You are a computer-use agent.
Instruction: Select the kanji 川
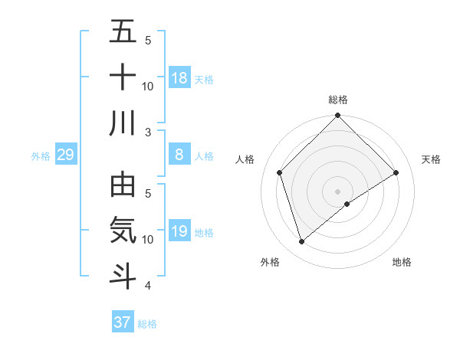point(123,123)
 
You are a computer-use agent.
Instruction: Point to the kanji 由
point(123,185)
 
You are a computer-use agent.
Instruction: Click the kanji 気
point(123,231)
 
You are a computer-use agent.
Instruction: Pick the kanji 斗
point(123,276)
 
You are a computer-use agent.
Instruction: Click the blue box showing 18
point(179,77)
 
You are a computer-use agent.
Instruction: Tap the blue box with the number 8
point(179,155)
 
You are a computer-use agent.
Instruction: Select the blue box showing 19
point(179,231)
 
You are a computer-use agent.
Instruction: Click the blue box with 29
point(65,155)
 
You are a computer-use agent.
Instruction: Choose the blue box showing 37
point(123,322)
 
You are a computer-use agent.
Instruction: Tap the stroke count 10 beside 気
point(149,240)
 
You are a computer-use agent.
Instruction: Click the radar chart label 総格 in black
point(338,100)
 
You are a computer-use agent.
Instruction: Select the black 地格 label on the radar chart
point(402,263)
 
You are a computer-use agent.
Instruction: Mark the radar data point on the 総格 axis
point(338,116)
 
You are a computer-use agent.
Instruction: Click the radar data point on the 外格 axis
point(301,242)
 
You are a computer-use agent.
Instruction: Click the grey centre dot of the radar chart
point(338,191)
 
